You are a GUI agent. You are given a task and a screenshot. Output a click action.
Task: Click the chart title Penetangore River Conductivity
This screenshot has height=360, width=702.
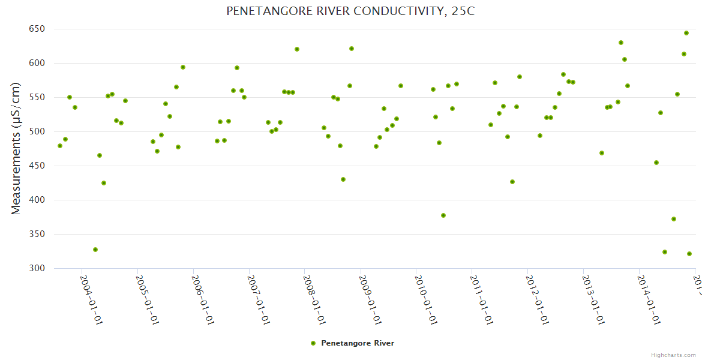pos(350,11)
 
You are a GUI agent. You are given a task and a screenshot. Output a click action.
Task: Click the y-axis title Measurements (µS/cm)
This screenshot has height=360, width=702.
pos(16,148)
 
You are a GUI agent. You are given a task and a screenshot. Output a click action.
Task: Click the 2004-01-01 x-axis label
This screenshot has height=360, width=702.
pos(91,299)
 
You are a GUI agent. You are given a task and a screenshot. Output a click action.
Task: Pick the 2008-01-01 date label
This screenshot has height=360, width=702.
pos(314,299)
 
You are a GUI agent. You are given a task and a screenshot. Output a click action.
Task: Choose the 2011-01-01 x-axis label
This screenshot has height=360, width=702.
pos(482,299)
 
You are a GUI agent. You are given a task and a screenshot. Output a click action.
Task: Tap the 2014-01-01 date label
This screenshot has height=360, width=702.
pos(649,299)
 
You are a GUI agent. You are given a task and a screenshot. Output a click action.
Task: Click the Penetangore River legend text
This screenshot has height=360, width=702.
pos(358,343)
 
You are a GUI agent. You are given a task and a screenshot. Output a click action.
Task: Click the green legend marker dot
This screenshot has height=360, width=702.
pos(313,343)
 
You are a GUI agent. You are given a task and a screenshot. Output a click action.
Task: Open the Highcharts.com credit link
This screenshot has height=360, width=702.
pos(673,355)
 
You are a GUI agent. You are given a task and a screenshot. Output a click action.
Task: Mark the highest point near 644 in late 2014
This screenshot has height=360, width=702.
pos(686,33)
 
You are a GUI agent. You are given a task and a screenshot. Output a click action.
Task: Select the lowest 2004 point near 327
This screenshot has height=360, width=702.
pos(95,250)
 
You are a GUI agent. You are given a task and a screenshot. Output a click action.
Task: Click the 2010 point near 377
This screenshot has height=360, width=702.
pos(443,215)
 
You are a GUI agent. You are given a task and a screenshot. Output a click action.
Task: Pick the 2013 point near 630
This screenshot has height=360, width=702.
pos(621,43)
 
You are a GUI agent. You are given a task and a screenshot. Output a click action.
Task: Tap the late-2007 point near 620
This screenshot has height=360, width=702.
pos(297,49)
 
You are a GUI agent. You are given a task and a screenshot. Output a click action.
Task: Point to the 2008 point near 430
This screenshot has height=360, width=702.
pos(343,179)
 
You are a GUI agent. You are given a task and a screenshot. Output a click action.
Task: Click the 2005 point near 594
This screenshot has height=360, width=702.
pos(183,67)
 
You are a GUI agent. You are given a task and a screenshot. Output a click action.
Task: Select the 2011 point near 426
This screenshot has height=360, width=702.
pos(512,182)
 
